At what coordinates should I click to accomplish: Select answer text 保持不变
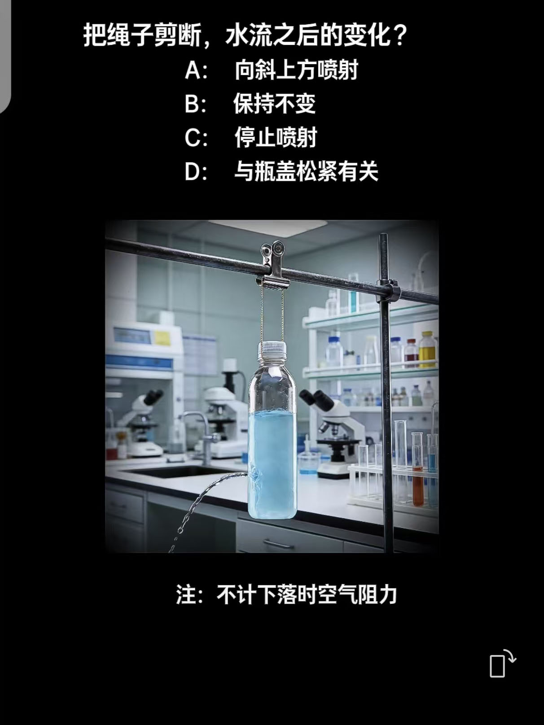click(275, 103)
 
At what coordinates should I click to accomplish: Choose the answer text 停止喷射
click(276, 137)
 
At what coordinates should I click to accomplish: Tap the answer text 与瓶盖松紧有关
click(306, 171)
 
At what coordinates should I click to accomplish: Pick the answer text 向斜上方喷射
click(297, 70)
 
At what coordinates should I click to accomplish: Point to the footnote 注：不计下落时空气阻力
click(286, 594)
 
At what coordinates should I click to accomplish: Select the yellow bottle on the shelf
click(428, 349)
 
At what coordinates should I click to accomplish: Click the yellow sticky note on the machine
click(162, 338)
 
